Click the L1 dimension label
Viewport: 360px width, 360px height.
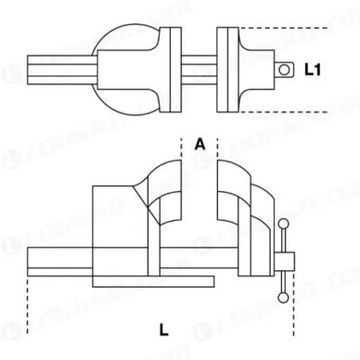tap(312, 68)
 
